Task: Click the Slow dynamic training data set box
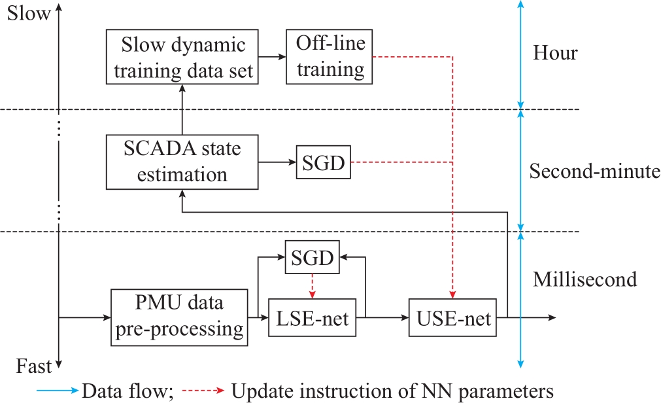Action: (182, 57)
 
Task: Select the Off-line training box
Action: (330, 57)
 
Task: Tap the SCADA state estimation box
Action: (182, 162)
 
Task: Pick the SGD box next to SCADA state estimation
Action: (324, 162)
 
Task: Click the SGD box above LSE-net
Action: (313, 257)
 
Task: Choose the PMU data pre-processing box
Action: (179, 318)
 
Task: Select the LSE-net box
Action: (313, 318)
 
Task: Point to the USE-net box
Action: (452, 318)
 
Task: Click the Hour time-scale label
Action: (555, 53)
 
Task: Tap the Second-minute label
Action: (594, 171)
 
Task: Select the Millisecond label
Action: (585, 279)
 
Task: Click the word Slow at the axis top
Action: (29, 14)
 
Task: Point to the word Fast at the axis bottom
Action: (34, 366)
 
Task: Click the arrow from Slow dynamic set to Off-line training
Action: (272, 56)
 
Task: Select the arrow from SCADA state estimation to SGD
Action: (277, 162)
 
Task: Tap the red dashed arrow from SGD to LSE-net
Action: (313, 287)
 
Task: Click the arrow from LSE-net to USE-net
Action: (382, 318)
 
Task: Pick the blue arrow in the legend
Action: (58, 390)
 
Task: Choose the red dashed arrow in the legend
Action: (203, 390)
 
